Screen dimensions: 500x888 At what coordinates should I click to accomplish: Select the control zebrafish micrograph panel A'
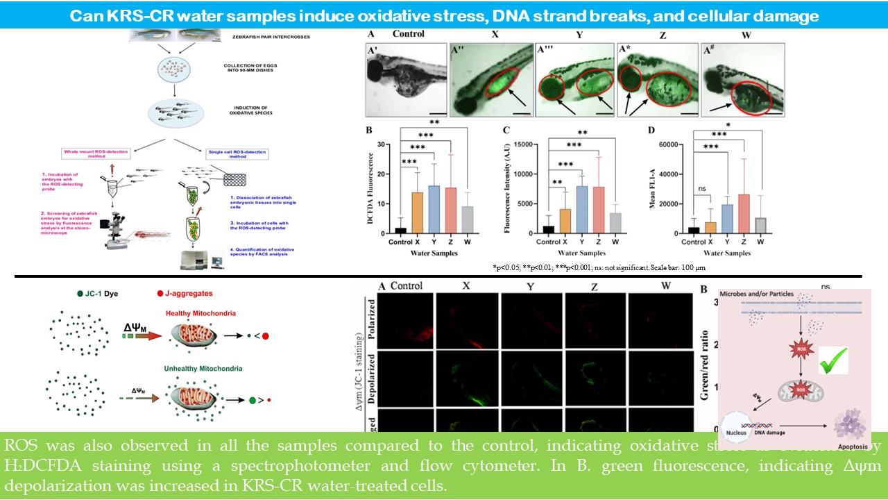(x=405, y=78)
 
